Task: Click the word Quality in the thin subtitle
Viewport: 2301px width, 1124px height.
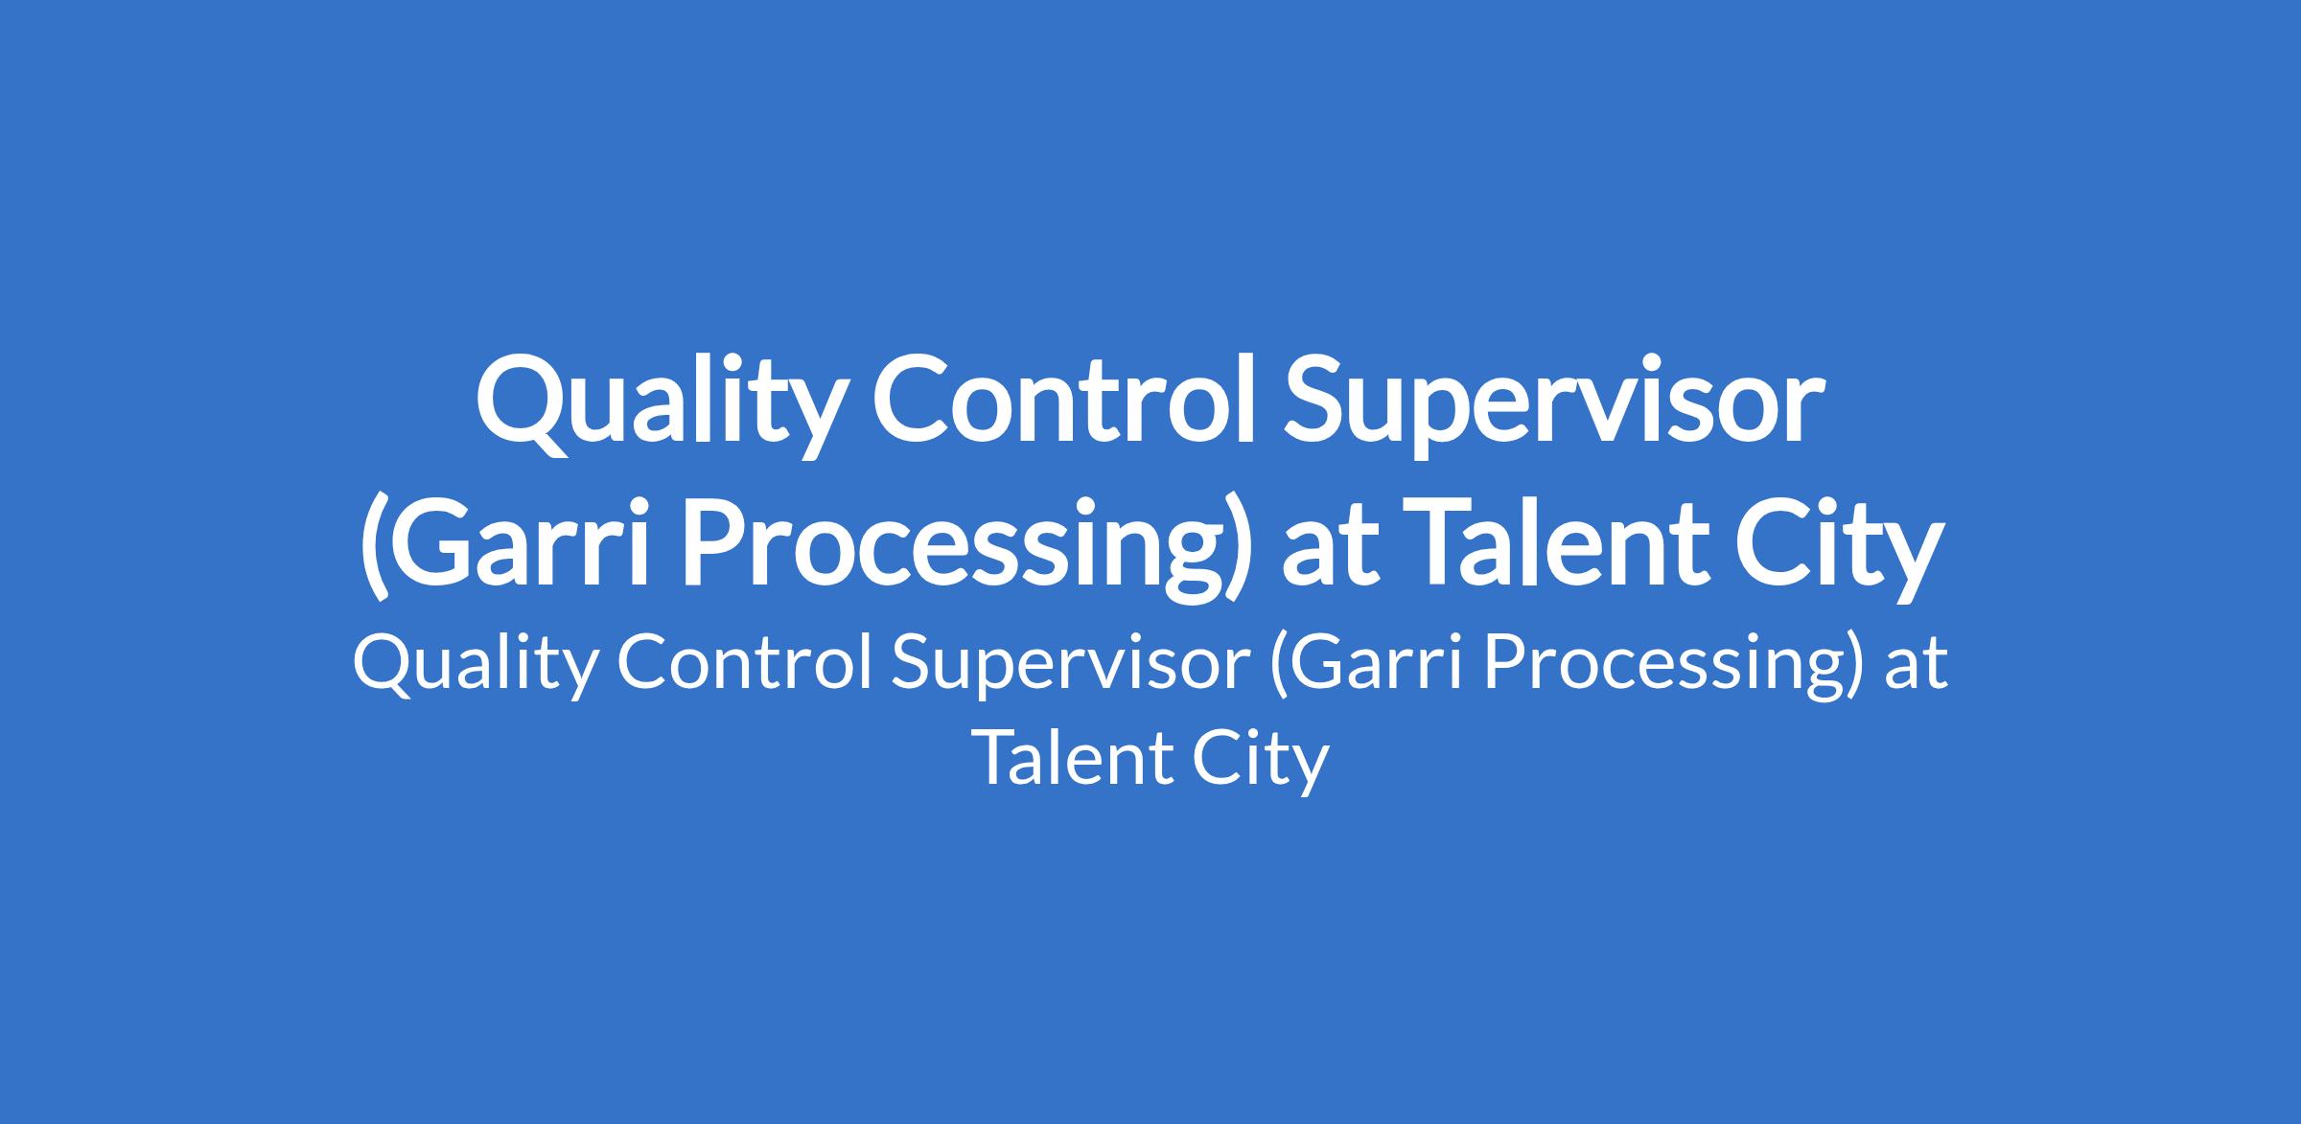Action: (474, 665)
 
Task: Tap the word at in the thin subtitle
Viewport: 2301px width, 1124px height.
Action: (1917, 667)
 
